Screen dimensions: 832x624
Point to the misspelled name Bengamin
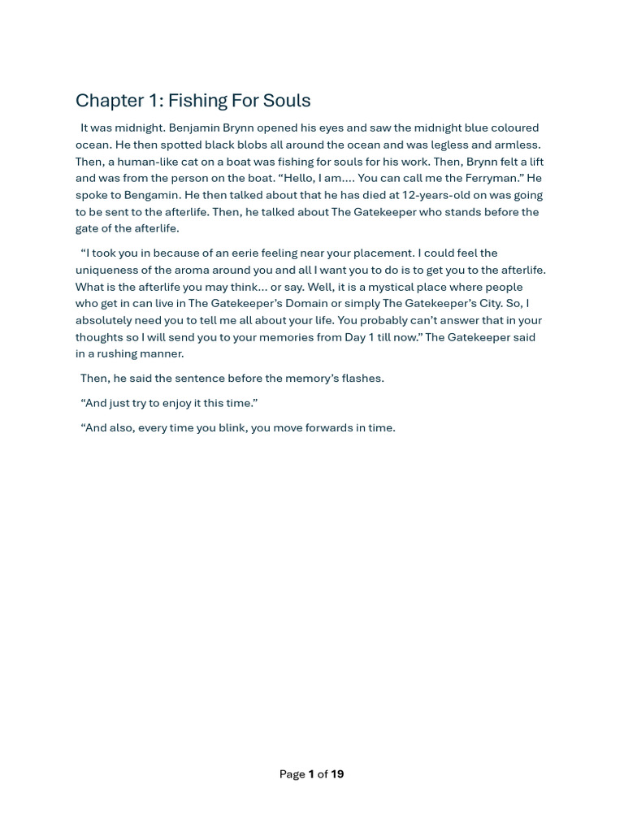pyautogui.click(x=154, y=195)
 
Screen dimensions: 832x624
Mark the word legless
pyautogui.click(x=449, y=145)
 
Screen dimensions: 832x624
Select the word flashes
pyautogui.click(x=362, y=378)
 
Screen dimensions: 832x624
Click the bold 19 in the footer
pyautogui.click(x=337, y=774)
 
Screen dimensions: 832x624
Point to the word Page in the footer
pyautogui.click(x=292, y=774)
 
